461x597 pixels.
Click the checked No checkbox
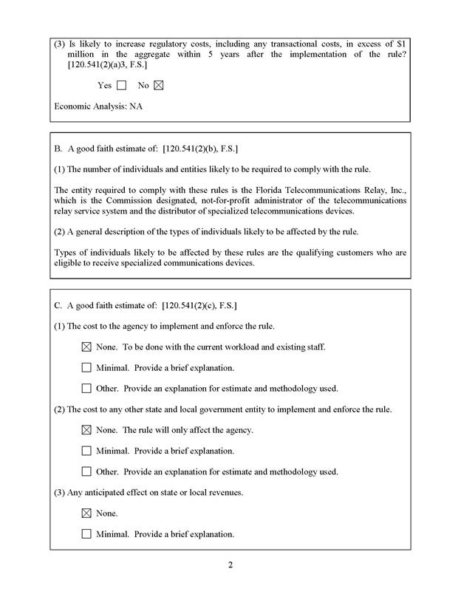pyautogui.click(x=158, y=85)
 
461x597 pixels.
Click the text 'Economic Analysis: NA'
pyautogui.click(x=98, y=106)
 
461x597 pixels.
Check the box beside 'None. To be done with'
pyautogui.click(x=86, y=347)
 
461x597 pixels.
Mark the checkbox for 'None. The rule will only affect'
pyautogui.click(x=86, y=430)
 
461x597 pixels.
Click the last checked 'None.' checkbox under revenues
pyautogui.click(x=86, y=513)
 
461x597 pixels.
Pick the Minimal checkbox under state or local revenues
pyautogui.click(x=86, y=533)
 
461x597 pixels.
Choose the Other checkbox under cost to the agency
pyautogui.click(x=86, y=388)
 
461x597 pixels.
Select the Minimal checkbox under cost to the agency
pyautogui.click(x=86, y=367)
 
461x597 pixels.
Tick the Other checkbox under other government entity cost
pyautogui.click(x=86, y=471)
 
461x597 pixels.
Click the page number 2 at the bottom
pyautogui.click(x=230, y=566)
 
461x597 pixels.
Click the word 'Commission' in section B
pyautogui.click(x=125, y=201)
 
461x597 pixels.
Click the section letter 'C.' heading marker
pyautogui.click(x=59, y=305)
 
